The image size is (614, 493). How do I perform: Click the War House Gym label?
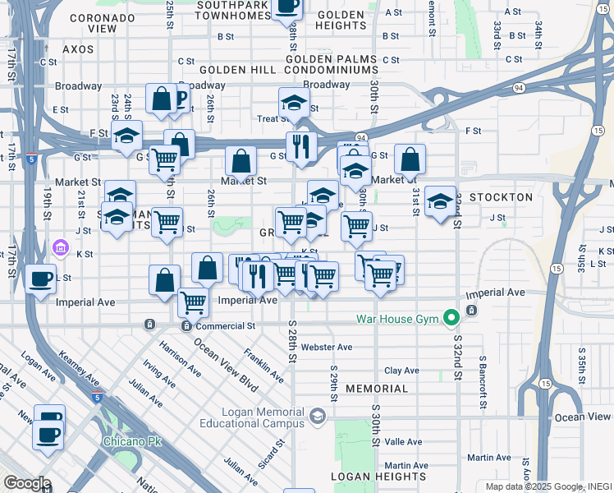tap(396, 319)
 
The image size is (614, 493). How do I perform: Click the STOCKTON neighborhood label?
tap(501, 198)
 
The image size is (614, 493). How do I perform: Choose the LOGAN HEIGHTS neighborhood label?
tap(378, 477)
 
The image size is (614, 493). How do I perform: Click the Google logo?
tap(26, 483)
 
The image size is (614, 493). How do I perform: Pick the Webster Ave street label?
tap(327, 348)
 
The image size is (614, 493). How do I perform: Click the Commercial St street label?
tap(226, 326)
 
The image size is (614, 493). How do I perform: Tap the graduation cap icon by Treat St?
tap(293, 103)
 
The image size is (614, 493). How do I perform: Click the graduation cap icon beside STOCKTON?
tap(440, 201)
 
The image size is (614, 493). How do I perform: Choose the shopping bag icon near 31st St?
tap(410, 159)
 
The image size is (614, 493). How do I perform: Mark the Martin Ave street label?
tap(490, 458)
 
